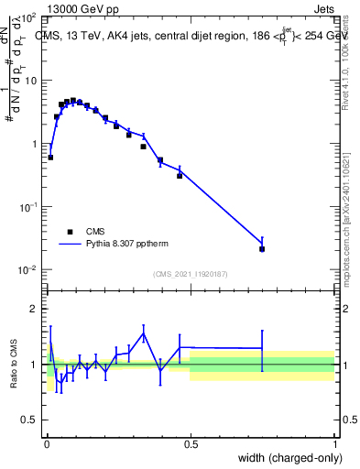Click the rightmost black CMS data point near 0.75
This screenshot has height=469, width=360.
pos(262,248)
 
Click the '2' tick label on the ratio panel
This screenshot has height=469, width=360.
pos(34,309)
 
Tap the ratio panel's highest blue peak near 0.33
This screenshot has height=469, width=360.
pos(144,333)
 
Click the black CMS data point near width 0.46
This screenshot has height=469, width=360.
pos(180,175)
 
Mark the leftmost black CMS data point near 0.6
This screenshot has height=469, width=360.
pos(50,157)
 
